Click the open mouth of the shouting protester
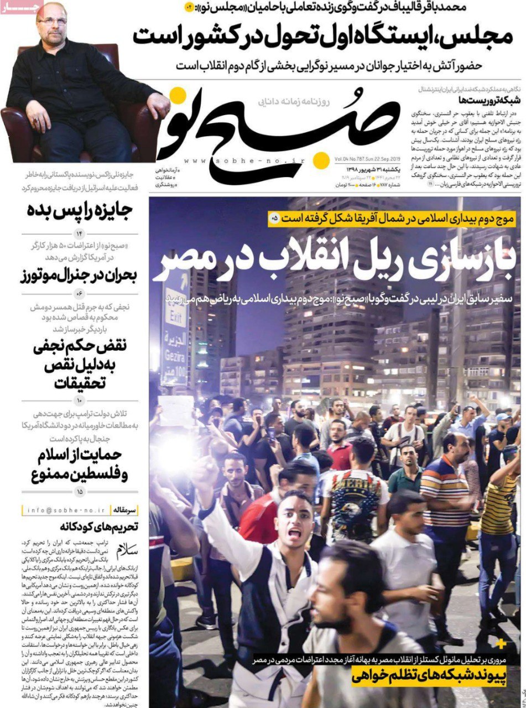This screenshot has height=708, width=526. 295,532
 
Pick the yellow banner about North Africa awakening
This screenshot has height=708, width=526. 393,218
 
